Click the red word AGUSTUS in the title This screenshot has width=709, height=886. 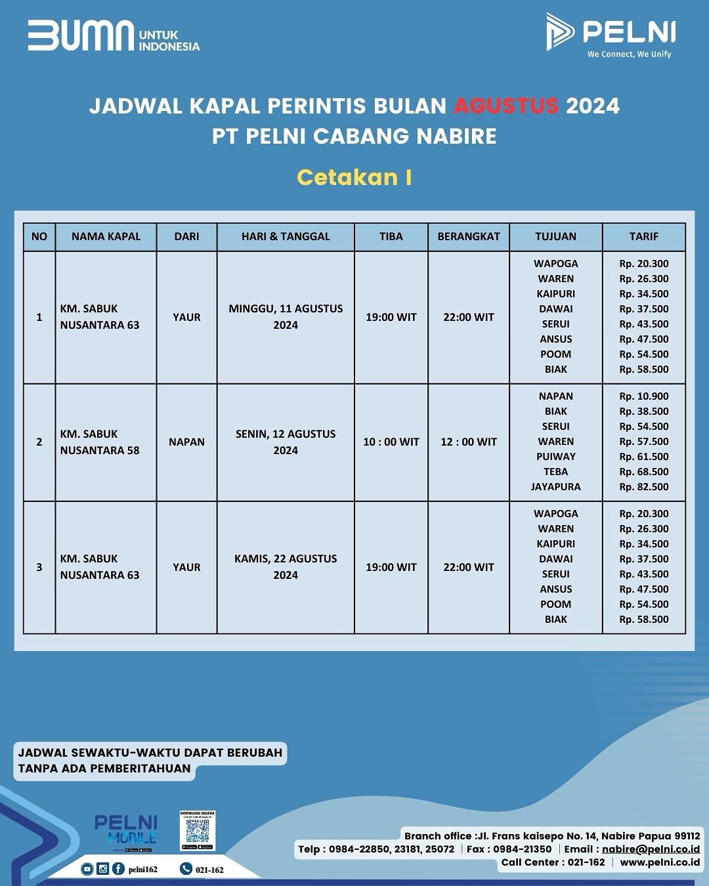[x=505, y=106]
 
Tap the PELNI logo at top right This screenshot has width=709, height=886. [x=611, y=34]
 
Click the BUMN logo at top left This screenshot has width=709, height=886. [x=113, y=36]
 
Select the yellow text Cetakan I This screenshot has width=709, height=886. [x=354, y=177]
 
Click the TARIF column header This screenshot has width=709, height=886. [x=643, y=236]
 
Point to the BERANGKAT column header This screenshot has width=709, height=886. [x=468, y=236]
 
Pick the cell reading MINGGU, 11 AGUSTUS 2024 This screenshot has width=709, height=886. [x=286, y=316]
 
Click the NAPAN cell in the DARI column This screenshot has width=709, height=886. [x=186, y=442]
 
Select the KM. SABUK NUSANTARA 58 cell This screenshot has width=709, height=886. [x=100, y=442]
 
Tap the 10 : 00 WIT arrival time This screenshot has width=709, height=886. [x=391, y=442]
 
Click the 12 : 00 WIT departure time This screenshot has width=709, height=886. [x=468, y=442]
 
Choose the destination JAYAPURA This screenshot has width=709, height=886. [x=555, y=487]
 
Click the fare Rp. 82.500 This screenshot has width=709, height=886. [x=643, y=487]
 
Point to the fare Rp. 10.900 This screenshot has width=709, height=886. [x=643, y=396]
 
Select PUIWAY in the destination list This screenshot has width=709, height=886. [x=555, y=457]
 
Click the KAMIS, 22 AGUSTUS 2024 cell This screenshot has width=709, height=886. [x=286, y=566]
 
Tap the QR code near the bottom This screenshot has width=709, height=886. [x=198, y=832]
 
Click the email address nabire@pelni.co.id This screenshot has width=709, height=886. [x=651, y=849]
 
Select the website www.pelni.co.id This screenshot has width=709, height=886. [x=659, y=862]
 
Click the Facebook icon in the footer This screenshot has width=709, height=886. [x=118, y=869]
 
